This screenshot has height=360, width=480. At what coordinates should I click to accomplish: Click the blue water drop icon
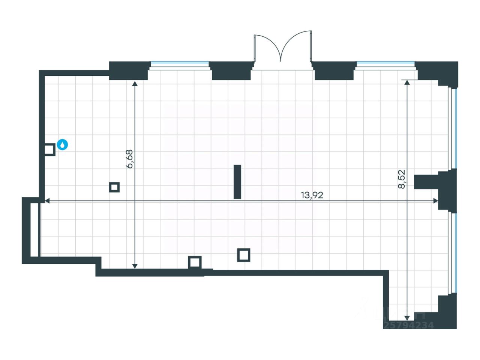63,145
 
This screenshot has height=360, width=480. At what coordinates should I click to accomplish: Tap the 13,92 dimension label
312,195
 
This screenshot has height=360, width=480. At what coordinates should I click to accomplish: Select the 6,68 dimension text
130,159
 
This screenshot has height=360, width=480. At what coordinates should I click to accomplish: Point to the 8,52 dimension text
402,179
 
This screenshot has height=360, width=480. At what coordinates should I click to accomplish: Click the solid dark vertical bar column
237,182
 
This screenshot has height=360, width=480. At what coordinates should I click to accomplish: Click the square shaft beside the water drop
49,150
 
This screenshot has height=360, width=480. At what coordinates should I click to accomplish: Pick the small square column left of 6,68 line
114,187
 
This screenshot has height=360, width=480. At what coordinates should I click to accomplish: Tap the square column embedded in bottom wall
195,262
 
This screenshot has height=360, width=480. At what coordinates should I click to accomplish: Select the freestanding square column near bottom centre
244,255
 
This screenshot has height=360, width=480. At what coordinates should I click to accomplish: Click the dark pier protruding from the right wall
427,182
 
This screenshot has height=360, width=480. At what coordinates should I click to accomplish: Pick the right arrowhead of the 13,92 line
435,201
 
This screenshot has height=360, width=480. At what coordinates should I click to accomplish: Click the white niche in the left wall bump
34,230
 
